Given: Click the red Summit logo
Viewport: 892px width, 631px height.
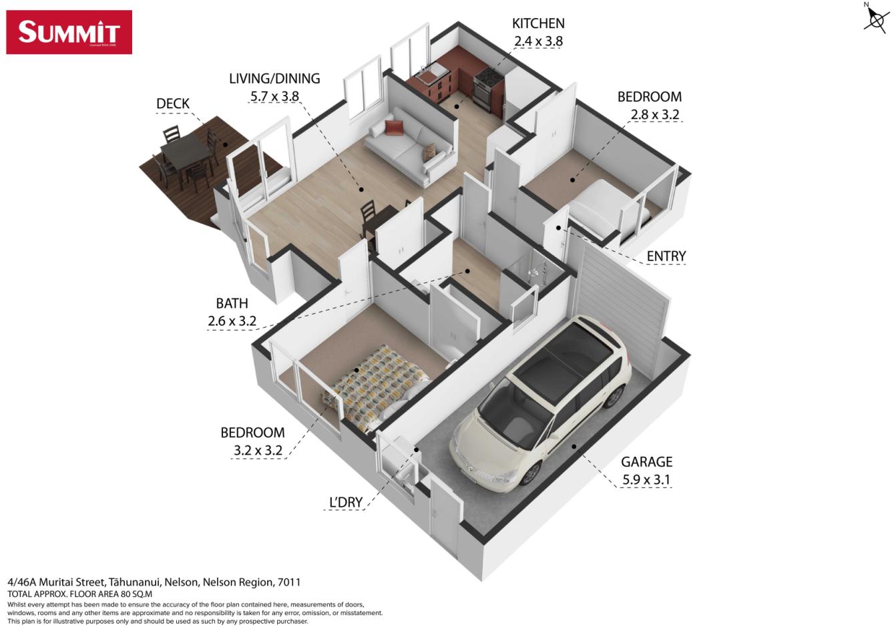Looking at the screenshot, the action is [69, 32].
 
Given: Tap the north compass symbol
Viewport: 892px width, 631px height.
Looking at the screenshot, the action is [876, 17].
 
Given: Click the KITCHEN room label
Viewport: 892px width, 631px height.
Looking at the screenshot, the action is [538, 23].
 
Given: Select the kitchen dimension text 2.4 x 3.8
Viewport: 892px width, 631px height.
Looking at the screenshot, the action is [538, 41].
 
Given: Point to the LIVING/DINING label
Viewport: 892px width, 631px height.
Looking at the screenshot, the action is [274, 79].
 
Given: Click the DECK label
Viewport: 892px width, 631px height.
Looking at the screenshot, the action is [172, 103].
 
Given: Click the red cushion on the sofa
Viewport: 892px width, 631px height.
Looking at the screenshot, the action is [393, 128].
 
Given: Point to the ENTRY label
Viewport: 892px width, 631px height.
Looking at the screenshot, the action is [666, 256].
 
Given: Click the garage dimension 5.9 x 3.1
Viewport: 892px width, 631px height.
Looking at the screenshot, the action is [646, 479].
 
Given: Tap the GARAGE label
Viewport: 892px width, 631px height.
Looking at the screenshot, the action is [646, 461].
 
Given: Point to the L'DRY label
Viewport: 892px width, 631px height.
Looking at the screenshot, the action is [346, 502].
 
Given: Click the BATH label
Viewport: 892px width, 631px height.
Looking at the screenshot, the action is [232, 304].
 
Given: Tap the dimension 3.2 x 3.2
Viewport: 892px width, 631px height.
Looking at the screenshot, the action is [258, 450].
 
